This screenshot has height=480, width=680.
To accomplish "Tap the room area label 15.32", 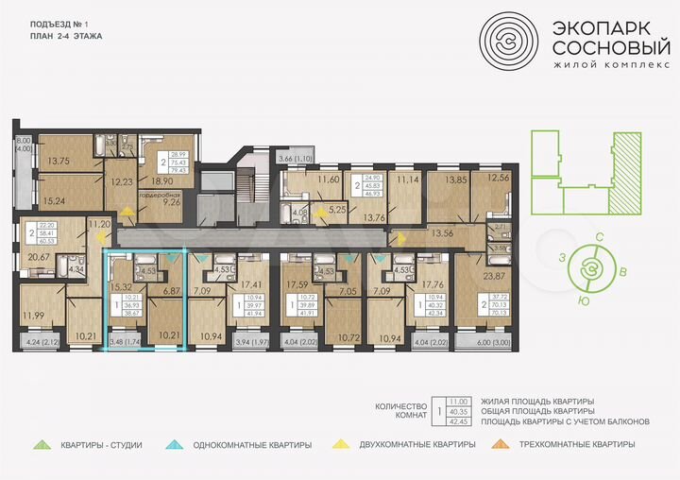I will tap(120, 286).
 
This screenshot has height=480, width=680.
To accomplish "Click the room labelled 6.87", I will tap(171, 292).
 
